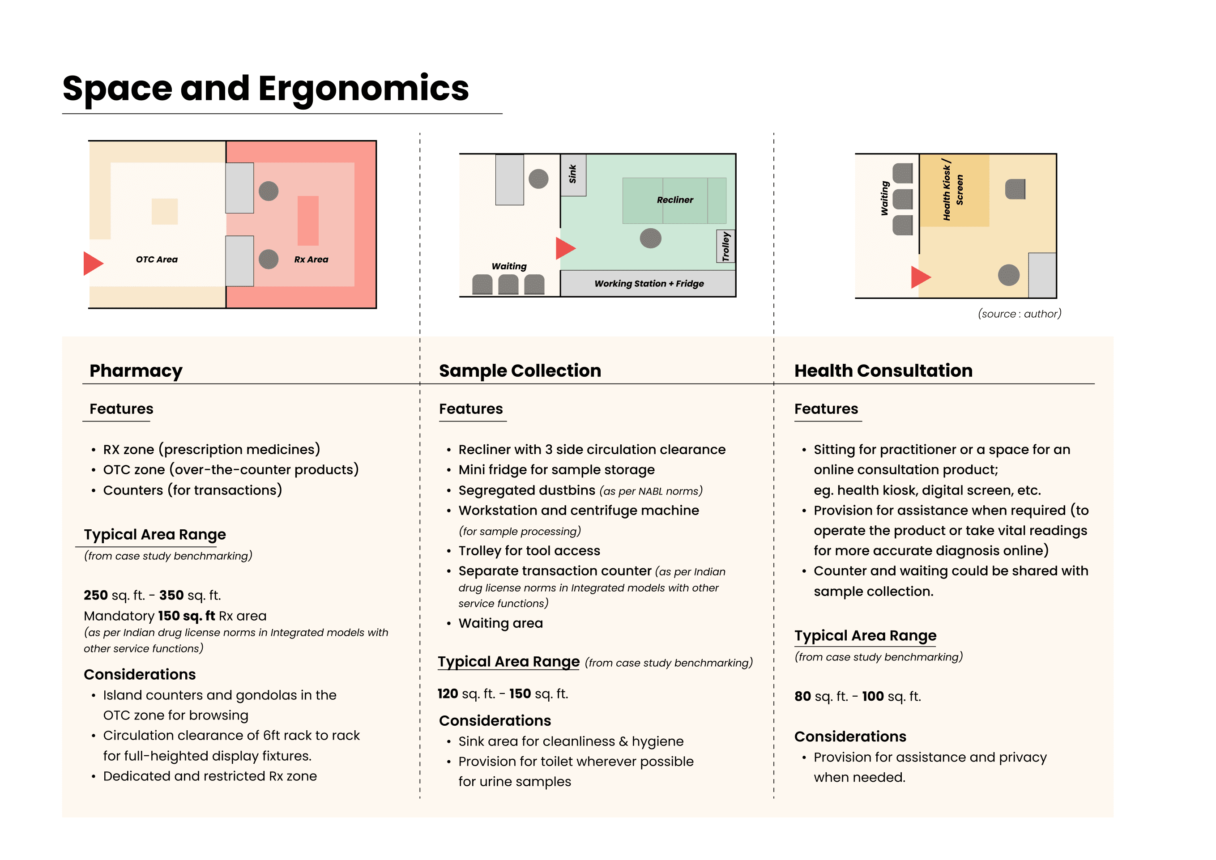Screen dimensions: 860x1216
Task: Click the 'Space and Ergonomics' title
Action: [x=265, y=89]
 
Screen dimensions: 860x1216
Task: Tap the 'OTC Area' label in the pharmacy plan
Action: [x=157, y=260]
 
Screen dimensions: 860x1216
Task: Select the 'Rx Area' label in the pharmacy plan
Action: [x=311, y=260]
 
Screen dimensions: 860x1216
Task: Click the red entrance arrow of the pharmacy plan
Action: [x=93, y=263]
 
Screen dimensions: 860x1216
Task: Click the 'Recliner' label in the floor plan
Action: [x=675, y=200]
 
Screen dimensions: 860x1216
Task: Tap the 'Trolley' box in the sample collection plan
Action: [x=725, y=246]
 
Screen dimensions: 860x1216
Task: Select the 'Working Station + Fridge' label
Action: [x=649, y=284]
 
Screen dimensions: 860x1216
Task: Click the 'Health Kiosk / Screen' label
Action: [x=953, y=190]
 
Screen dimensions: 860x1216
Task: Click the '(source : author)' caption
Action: [x=1020, y=314]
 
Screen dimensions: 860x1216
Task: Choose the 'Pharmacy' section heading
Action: [x=136, y=370]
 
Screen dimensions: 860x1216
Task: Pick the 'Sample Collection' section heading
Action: [x=520, y=370]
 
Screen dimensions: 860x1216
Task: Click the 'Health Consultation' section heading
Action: [x=883, y=370]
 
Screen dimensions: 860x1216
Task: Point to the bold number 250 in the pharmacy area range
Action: [x=96, y=595]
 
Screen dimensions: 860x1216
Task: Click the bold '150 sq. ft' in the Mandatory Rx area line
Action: [x=187, y=616]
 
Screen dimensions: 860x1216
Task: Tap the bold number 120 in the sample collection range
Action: [x=448, y=694]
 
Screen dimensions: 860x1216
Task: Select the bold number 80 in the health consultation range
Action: [x=802, y=696]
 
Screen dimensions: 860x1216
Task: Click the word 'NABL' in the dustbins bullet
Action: [x=650, y=491]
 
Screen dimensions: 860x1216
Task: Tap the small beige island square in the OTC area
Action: [x=165, y=211]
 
